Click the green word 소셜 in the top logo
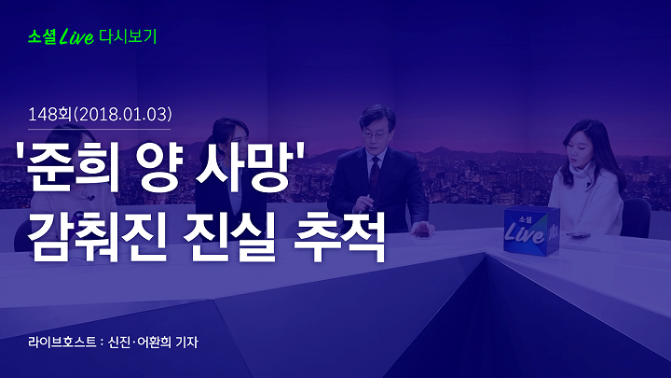tap(42, 36)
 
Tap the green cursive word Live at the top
tap(76, 36)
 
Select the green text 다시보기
tap(128, 36)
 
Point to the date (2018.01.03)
tap(123, 115)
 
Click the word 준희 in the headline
tap(74, 167)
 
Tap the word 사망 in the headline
tap(245, 167)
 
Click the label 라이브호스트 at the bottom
tap(62, 342)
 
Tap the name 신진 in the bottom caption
tap(119, 342)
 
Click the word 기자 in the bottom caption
tap(186, 342)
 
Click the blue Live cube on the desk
tap(531, 231)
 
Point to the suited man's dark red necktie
tap(375, 174)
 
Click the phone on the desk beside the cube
tap(579, 235)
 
